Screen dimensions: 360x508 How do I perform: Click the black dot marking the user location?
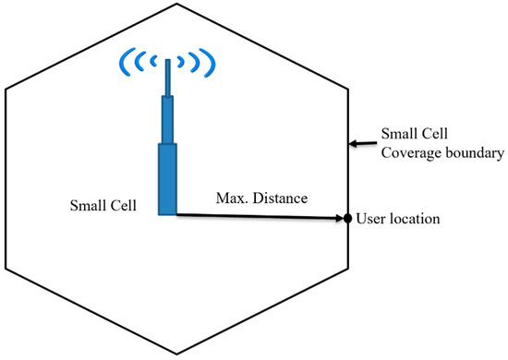[x=347, y=219]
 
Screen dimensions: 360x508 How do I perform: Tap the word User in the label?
[x=369, y=219]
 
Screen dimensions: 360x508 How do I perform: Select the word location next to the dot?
[x=412, y=219]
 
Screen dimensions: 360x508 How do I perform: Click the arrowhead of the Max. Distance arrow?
[x=337, y=219]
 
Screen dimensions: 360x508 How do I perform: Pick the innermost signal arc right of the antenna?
[x=182, y=65]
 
